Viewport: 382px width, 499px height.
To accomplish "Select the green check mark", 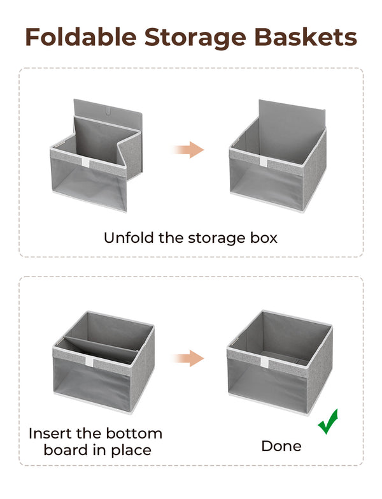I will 329,422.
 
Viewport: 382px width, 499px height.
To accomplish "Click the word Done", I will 281,445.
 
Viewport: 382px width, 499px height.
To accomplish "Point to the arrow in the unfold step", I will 188,150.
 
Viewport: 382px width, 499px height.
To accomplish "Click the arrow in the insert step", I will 188,358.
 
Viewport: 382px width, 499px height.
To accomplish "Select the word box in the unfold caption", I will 264,238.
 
